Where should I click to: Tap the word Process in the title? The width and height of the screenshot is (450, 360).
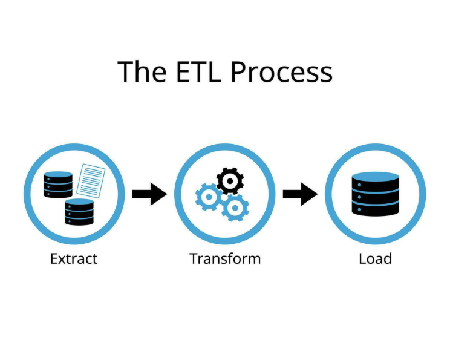281,72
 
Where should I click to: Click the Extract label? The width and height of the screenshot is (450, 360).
74,259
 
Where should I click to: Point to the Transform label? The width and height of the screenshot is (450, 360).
225,259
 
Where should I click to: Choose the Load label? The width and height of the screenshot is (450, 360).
375,259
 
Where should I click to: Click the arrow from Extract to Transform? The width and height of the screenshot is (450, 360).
149,194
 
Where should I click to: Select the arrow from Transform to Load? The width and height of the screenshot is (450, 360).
300,194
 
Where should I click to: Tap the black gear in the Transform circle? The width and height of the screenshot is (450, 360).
230,180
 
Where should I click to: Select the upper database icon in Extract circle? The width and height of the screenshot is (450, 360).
58,185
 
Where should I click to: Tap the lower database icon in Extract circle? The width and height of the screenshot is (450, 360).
79,212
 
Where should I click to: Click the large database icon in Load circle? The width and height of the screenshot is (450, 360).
376,194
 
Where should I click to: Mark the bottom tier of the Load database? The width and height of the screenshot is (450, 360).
376,209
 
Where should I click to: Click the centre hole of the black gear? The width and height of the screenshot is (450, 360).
230,180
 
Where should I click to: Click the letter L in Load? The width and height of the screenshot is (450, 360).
362,259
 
